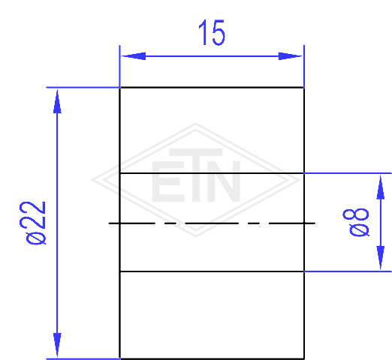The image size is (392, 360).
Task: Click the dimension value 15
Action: (212, 32)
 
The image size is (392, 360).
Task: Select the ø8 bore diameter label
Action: (356, 222)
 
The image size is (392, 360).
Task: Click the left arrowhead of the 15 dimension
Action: (133, 56)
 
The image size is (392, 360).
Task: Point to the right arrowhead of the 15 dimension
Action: (291, 56)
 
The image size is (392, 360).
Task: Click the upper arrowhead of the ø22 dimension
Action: (57, 101)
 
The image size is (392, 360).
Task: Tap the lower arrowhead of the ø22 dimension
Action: (57, 345)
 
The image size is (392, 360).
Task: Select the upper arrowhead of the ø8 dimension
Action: (381, 187)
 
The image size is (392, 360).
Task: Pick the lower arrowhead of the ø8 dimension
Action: (381, 257)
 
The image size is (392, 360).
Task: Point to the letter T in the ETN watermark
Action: (196, 175)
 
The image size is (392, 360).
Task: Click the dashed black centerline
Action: (212, 223)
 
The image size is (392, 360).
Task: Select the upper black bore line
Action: (212, 173)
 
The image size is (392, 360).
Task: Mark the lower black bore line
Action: (212, 271)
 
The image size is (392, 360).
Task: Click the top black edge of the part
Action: (212, 88)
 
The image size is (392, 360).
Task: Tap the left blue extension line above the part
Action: (119, 66)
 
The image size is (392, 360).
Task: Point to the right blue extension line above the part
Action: (304, 66)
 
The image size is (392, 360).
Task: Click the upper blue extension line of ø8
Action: (348, 173)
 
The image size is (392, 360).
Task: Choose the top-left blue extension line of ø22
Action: (83, 88)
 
